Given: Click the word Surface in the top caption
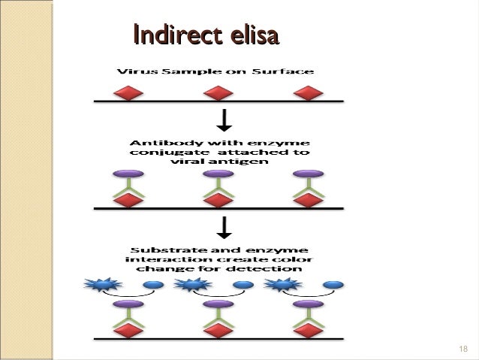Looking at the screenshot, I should coord(286,71).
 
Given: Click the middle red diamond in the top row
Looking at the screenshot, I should coord(218,93).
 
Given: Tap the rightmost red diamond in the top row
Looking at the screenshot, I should coord(306,93).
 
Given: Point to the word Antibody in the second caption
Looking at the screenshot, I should coord(161,142).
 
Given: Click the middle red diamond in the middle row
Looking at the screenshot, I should coord(218,200).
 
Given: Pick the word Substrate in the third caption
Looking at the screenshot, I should coord(159,248).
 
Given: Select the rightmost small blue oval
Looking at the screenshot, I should coord(333,285).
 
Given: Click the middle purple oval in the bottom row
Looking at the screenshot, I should coord(218,305).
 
